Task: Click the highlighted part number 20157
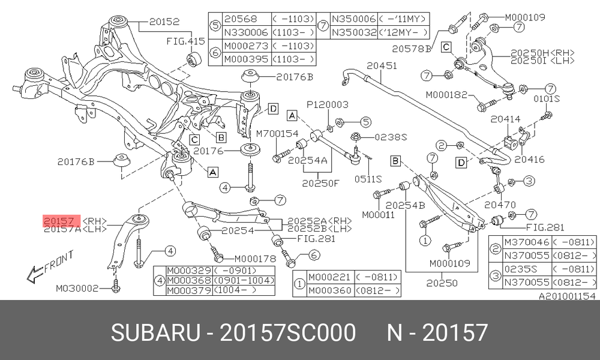[59, 221]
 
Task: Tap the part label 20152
[164, 22]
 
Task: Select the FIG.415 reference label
[185, 41]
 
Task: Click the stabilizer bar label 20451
[382, 66]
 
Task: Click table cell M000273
[246, 46]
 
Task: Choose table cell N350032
[354, 32]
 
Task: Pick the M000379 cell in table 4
[189, 290]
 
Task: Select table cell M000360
[330, 290]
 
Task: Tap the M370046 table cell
[527, 242]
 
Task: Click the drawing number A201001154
[567, 296]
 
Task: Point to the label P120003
[328, 104]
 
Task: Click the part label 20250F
[320, 183]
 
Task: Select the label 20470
[500, 205]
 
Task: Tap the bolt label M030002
[77, 288]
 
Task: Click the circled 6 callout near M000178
[314, 255]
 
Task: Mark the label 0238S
[391, 137]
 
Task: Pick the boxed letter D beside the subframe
[273, 109]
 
